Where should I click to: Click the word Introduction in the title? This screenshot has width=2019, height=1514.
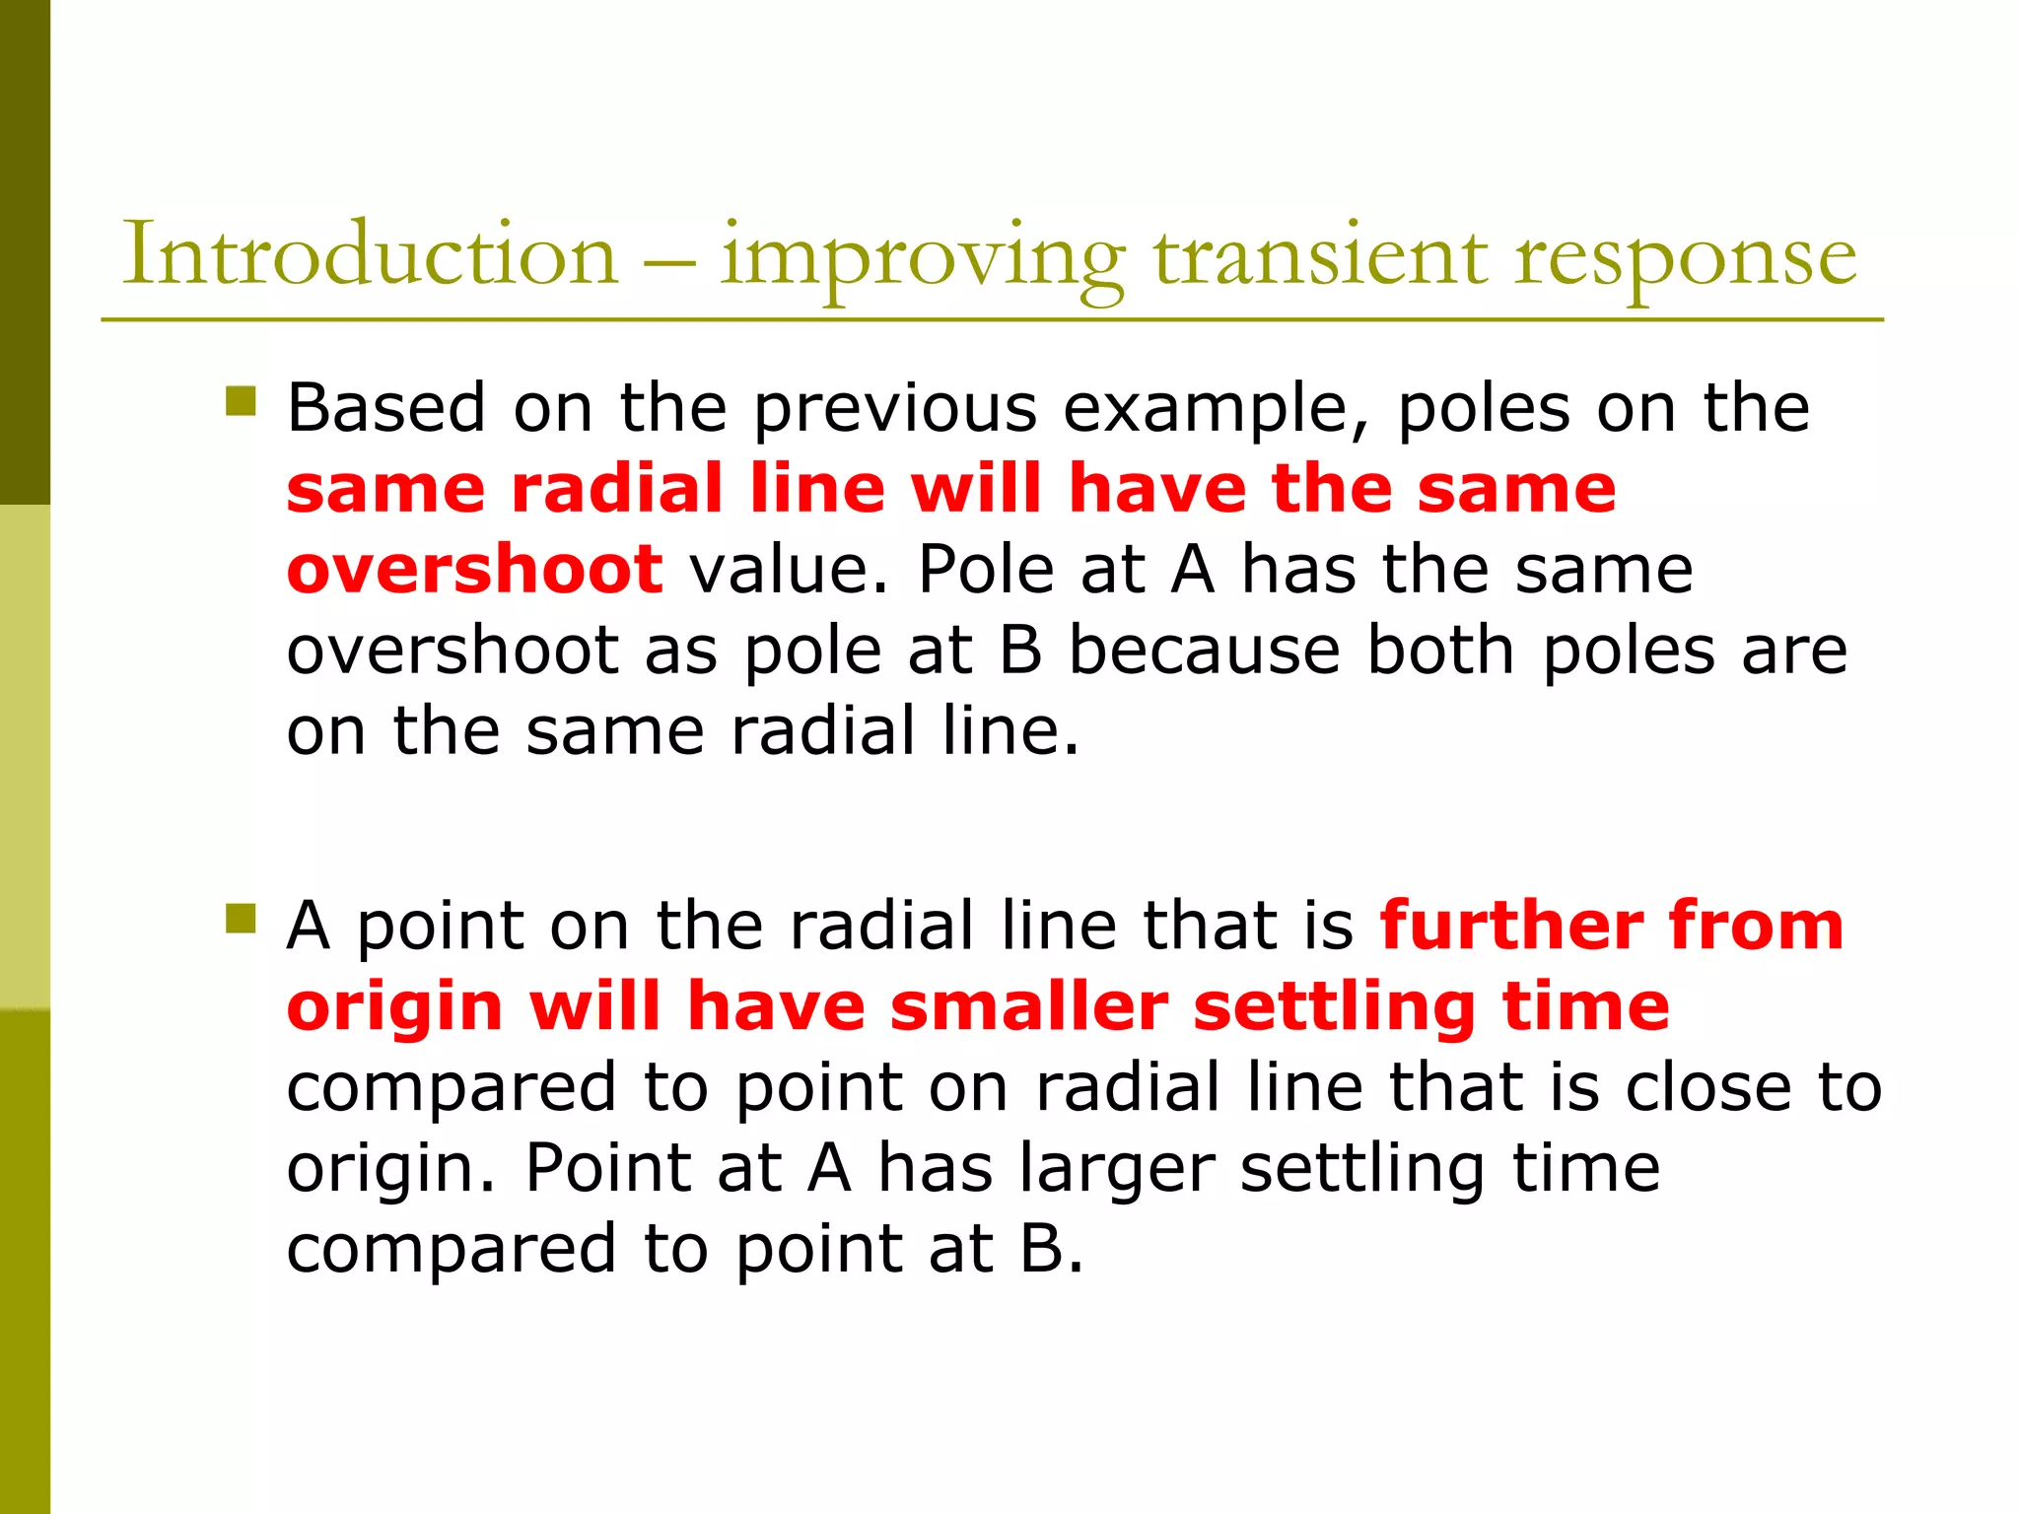pyautogui.click(x=370, y=254)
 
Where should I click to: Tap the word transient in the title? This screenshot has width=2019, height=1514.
pyautogui.click(x=1321, y=254)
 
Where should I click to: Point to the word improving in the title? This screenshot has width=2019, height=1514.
pyautogui.click(x=922, y=258)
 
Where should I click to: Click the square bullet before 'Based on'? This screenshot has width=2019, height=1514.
pyautogui.click(x=241, y=401)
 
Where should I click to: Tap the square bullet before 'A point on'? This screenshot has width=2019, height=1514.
pyautogui.click(x=241, y=919)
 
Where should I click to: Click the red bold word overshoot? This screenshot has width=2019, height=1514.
pyautogui.click(x=474, y=569)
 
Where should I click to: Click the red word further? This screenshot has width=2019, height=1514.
pyautogui.click(x=1511, y=926)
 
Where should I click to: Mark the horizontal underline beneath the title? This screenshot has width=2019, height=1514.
pyautogui.click(x=992, y=319)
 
